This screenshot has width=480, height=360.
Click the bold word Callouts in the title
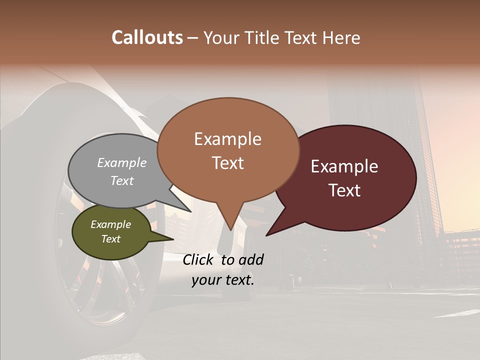point(147,37)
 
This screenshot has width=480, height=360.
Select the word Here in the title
point(342,37)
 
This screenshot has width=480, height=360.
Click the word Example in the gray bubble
point(122,162)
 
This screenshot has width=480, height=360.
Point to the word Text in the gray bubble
point(122,180)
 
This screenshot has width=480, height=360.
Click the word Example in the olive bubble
point(110,224)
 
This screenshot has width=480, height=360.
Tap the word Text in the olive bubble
point(110,239)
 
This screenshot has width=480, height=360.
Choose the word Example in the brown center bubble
point(227,139)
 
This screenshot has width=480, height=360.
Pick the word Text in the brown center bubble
point(227,163)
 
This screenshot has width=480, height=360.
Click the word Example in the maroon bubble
point(344,166)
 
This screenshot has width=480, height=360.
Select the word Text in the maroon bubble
point(344,190)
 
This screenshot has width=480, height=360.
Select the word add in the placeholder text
point(251,259)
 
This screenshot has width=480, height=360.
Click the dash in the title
point(193,38)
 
